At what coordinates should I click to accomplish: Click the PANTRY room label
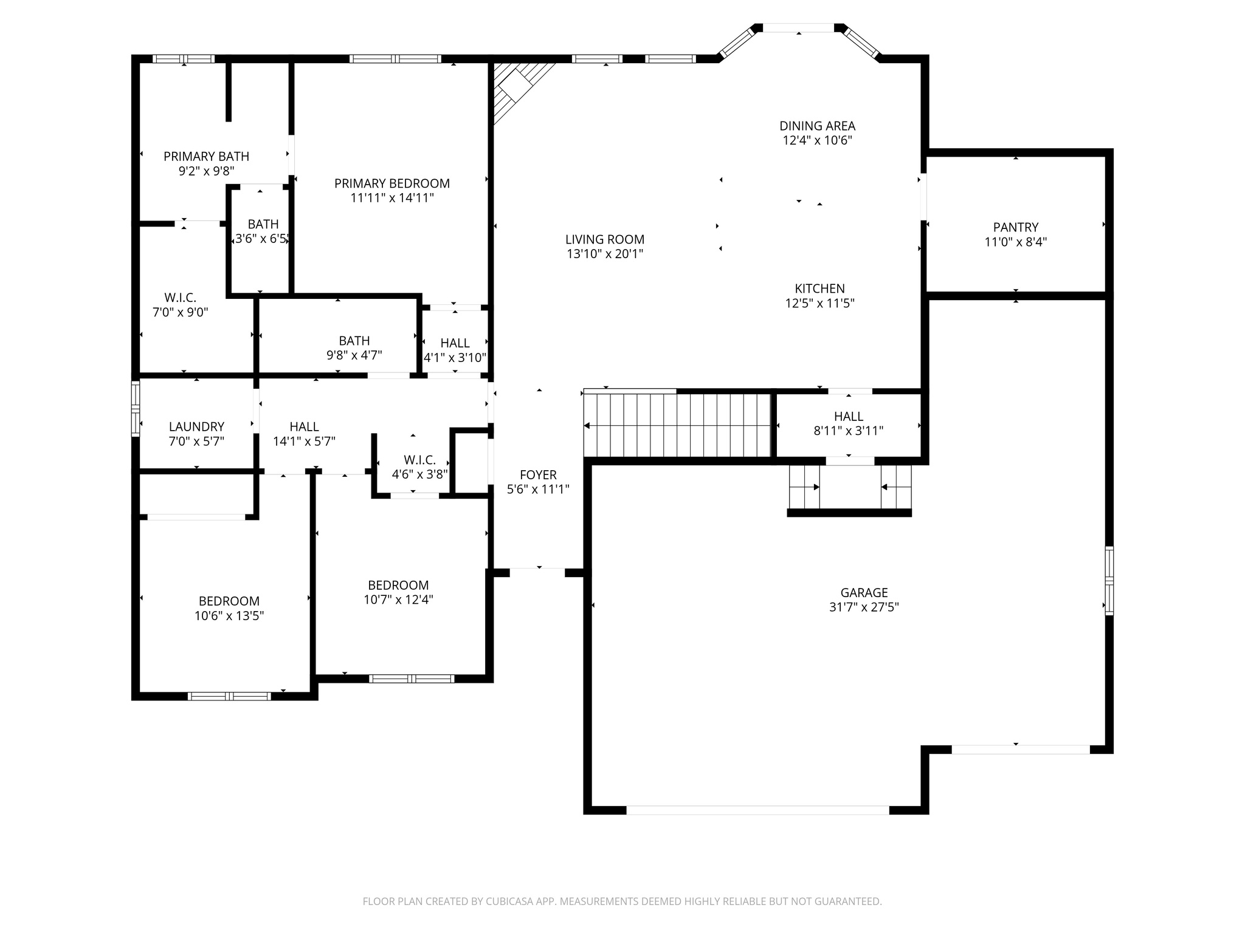(1015, 227)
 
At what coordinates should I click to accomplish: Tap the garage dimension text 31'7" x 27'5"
(864, 607)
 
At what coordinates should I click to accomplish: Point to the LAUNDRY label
(196, 427)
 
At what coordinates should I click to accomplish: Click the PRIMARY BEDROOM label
(392, 183)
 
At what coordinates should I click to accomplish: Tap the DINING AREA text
(817, 126)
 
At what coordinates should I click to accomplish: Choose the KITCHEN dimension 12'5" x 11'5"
(819, 303)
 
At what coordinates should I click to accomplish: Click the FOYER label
(538, 475)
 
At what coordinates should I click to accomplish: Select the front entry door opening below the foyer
(537, 572)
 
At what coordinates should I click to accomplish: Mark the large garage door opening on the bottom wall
(757, 810)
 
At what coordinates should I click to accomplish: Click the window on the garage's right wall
(1109, 581)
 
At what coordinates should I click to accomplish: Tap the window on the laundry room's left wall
(136, 408)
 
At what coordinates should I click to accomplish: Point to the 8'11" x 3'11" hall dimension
(848, 431)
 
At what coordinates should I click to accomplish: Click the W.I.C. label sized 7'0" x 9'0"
(180, 298)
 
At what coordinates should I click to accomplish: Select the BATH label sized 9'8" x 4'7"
(354, 341)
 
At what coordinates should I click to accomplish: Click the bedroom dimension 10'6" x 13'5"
(229, 616)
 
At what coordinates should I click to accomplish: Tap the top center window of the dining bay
(798, 28)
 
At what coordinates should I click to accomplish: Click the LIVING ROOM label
(604, 239)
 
